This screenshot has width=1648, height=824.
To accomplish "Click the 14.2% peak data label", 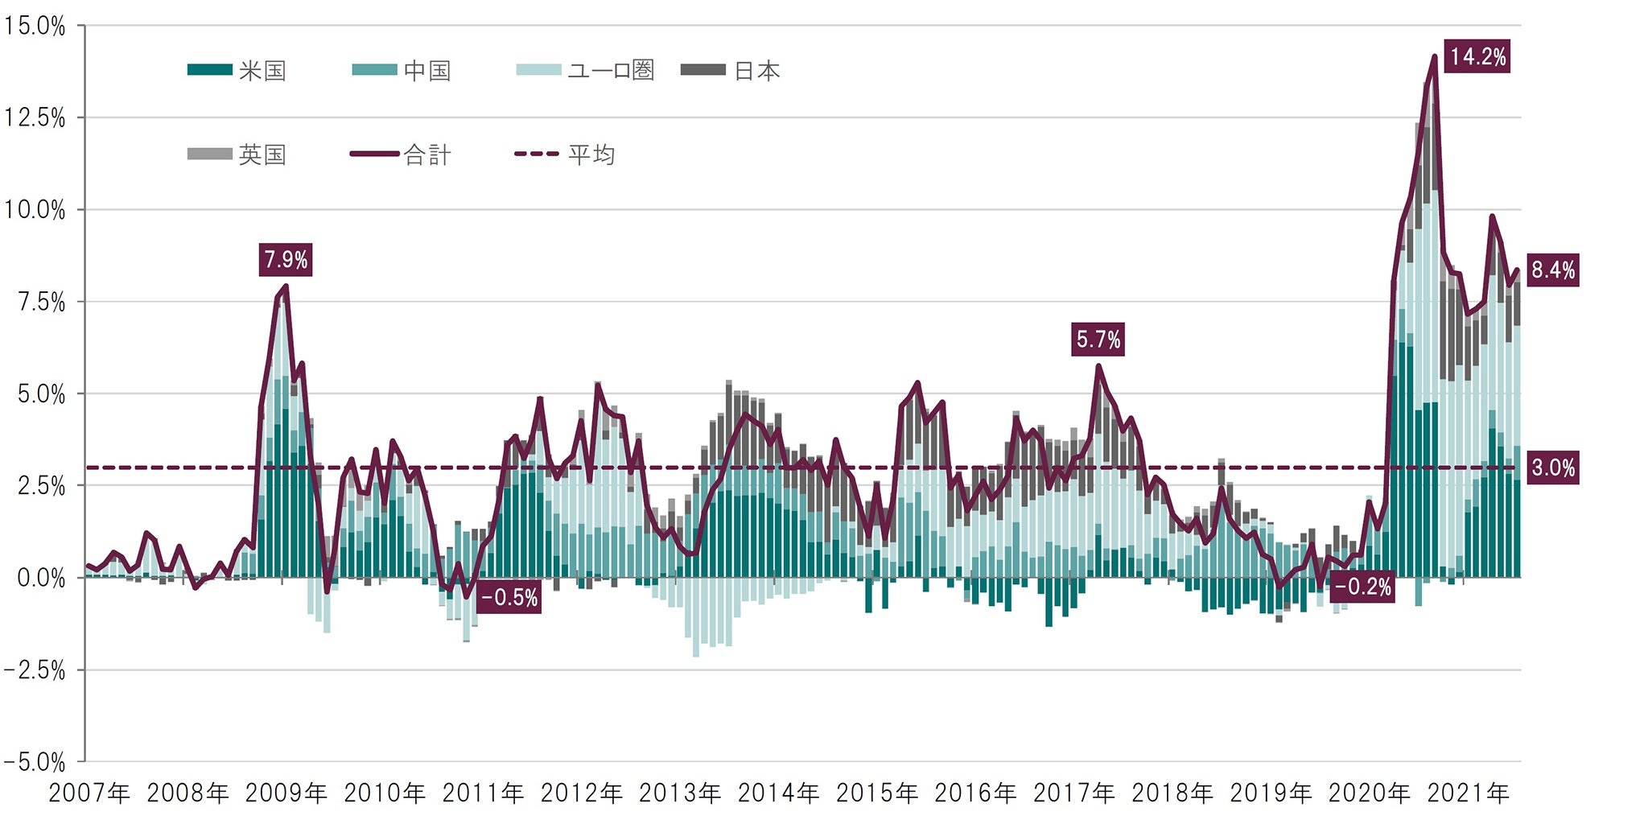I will (1477, 56).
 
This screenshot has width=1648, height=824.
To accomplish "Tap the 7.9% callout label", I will (286, 260).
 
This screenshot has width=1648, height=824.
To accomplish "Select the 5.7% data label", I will (1098, 340).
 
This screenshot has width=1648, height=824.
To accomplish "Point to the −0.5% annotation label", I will (509, 598).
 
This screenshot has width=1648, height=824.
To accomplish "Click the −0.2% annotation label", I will (1362, 587).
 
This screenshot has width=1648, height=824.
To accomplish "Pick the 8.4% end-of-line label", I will (1552, 270).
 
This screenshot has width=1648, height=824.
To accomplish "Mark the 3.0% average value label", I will (1552, 468).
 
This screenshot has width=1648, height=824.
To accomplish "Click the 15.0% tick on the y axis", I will (34, 26).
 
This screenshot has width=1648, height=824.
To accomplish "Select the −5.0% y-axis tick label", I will (34, 762).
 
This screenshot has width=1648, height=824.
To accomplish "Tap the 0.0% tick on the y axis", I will (40, 578).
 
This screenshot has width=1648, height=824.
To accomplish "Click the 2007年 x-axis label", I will (89, 793).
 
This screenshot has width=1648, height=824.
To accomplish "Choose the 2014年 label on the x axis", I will (778, 793).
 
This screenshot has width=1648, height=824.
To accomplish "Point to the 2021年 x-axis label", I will (1468, 793).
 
